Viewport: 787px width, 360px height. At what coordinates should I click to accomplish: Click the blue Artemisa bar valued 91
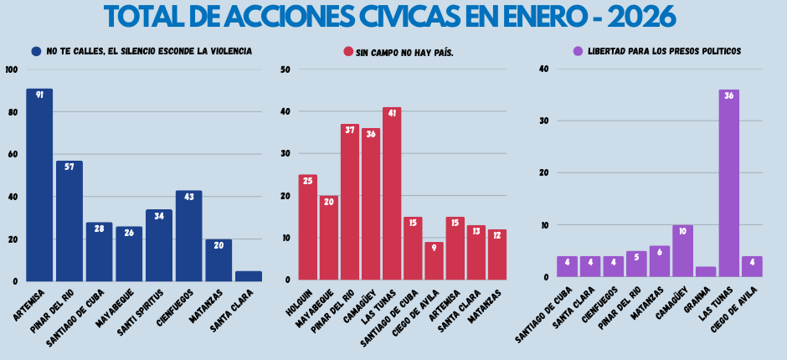coord(39,185)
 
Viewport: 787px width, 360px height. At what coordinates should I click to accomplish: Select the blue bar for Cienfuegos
coord(188,236)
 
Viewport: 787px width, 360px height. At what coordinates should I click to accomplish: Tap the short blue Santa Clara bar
coord(249,275)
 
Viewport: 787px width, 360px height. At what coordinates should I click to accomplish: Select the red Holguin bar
coord(307,227)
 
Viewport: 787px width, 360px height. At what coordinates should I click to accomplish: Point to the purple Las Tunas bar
coord(728,183)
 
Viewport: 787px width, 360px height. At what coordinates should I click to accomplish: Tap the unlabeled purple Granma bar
coord(706,271)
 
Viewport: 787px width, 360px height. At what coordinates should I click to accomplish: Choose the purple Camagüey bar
coord(682,250)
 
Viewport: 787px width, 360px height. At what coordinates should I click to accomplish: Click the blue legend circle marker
coord(36,51)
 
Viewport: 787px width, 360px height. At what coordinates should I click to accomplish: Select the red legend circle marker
coord(348,51)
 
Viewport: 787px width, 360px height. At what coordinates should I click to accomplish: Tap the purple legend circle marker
coord(578,51)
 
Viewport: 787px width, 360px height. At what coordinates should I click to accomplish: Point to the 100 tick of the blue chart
coord(10,69)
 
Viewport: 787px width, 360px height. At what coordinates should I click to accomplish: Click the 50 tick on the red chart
coord(285,69)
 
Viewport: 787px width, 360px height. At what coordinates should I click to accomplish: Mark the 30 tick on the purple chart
coord(544,121)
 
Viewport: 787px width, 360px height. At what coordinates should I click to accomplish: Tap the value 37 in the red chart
coord(350,131)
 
